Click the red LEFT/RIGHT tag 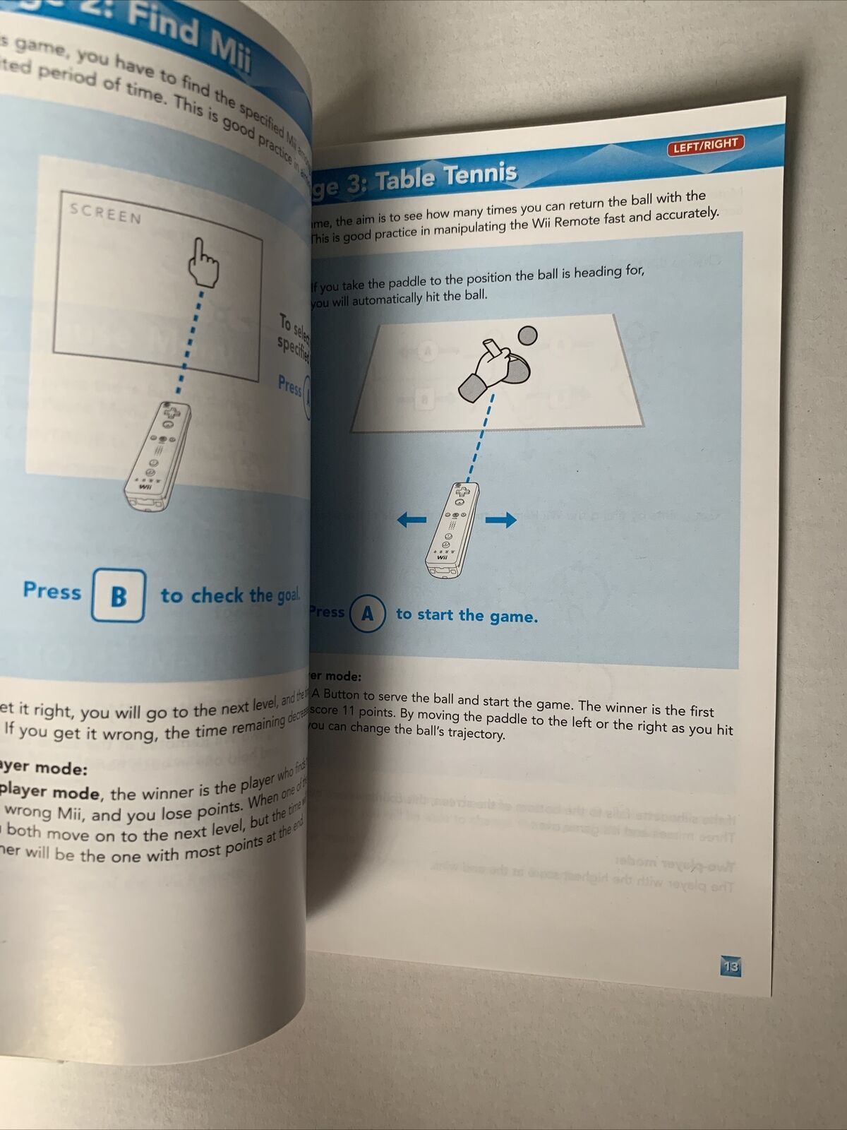point(704,145)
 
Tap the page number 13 point(731,966)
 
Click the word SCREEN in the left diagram point(106,213)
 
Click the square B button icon point(119,596)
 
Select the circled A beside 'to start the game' point(368,614)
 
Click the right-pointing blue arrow point(501,521)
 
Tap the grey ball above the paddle point(527,335)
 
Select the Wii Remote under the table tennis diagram point(452,530)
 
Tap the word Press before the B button point(52,590)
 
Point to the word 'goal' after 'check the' point(287,595)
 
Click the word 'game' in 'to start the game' point(513,617)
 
